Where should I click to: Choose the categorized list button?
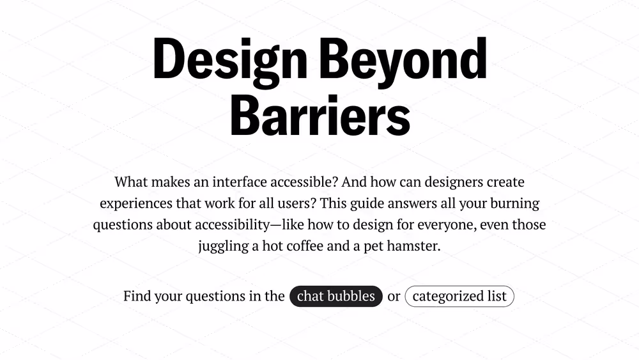(x=459, y=296)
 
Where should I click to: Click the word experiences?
(x=136, y=203)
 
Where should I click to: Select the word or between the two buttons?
(x=394, y=297)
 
